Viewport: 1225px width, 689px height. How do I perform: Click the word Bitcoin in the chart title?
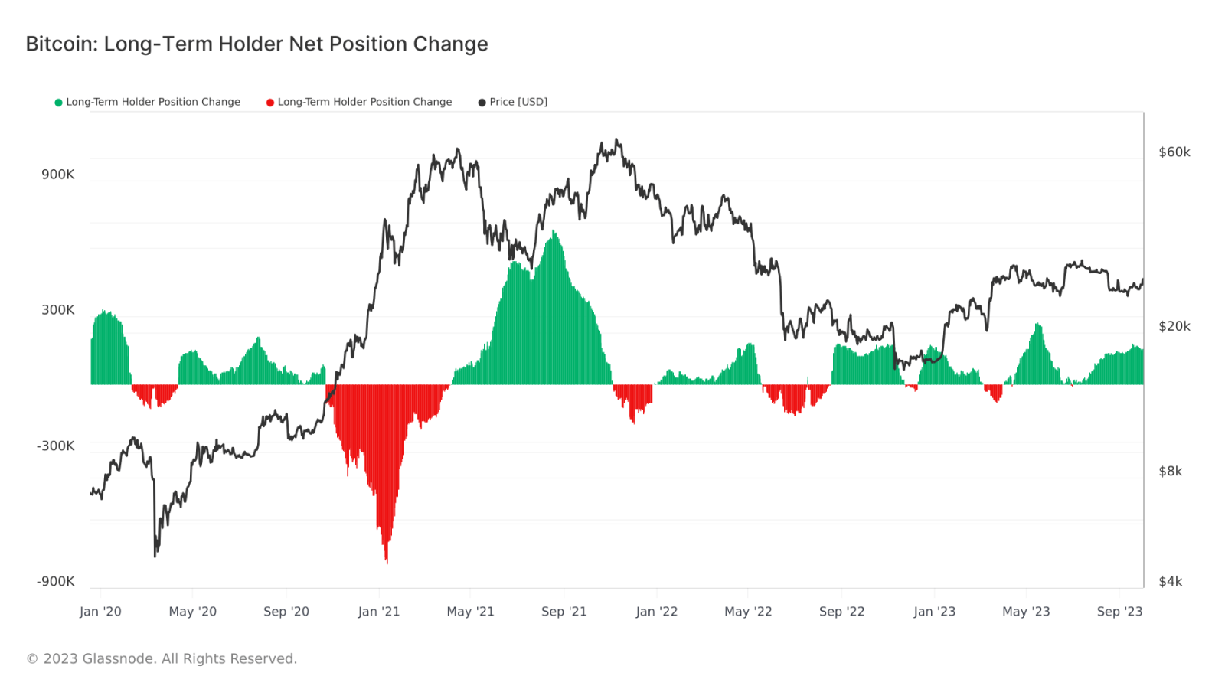click(x=61, y=44)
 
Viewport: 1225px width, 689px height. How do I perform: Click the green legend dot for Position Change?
click(x=58, y=103)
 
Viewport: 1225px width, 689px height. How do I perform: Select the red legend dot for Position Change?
click(x=270, y=103)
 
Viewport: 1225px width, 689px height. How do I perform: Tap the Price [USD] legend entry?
click(x=518, y=102)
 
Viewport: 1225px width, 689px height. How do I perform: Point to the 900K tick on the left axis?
click(x=58, y=175)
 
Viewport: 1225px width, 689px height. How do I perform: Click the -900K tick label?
click(x=56, y=582)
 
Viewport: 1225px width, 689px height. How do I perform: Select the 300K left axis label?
click(x=58, y=310)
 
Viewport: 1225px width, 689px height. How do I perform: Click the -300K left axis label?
click(x=56, y=446)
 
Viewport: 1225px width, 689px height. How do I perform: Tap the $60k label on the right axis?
click(x=1174, y=152)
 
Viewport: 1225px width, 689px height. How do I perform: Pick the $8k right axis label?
click(x=1171, y=472)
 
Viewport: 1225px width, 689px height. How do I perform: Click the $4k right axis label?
click(x=1171, y=582)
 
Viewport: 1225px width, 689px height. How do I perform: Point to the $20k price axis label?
click(x=1174, y=327)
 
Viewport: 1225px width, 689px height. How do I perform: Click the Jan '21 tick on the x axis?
click(x=379, y=612)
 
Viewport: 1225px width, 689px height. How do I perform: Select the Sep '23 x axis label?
click(x=1119, y=612)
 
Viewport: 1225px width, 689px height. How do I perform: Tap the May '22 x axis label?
click(x=748, y=612)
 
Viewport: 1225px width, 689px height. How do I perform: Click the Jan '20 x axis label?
click(x=100, y=612)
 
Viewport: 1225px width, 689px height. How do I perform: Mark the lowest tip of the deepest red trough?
click(x=387, y=563)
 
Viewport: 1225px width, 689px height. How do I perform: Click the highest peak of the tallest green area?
click(x=553, y=231)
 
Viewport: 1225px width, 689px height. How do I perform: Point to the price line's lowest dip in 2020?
click(x=155, y=556)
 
